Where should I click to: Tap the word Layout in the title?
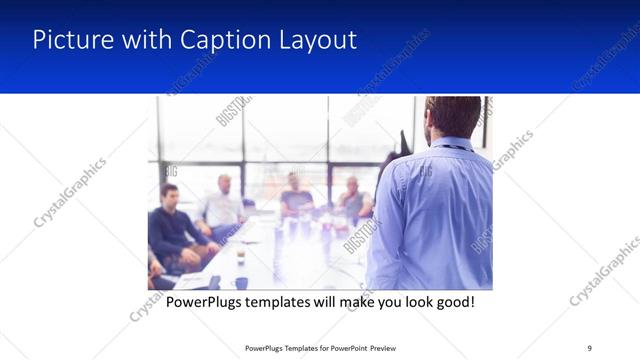click(x=316, y=40)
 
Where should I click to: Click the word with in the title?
click(x=143, y=40)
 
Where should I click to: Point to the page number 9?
click(x=590, y=347)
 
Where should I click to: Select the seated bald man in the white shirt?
click(x=222, y=205)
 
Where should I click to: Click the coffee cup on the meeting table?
click(x=241, y=257)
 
